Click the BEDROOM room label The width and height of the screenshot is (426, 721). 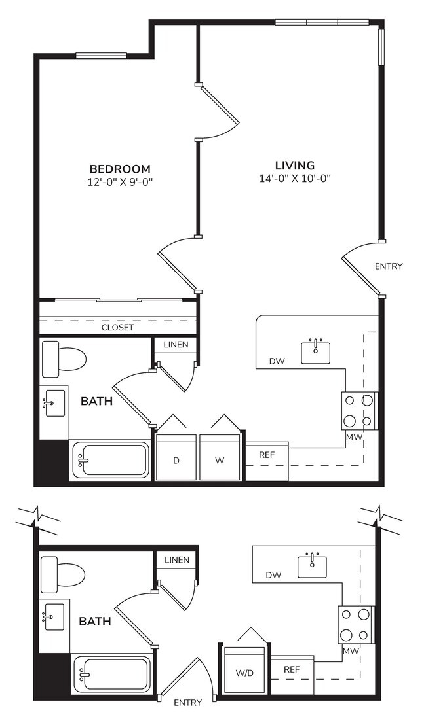coord(120,168)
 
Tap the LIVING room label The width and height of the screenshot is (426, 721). coord(294,166)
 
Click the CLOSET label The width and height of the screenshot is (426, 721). coord(117,327)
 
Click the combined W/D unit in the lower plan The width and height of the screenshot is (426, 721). coord(246,672)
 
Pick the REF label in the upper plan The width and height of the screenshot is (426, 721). coord(266,455)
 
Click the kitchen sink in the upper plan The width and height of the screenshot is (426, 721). coord(316,351)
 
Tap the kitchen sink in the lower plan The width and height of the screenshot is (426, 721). coord(313,566)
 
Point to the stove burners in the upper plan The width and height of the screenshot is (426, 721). coord(359,410)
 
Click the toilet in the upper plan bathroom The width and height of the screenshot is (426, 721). coord(64,359)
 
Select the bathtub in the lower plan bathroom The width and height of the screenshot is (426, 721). coord(111,673)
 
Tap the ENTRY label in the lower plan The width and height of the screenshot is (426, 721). coord(187,703)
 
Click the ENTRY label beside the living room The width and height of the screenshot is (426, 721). coord(389,266)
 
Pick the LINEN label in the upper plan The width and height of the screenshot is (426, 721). coord(176,345)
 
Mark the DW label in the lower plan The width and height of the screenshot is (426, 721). coord(274,575)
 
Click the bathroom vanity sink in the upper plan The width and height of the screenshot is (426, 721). coord(54,403)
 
